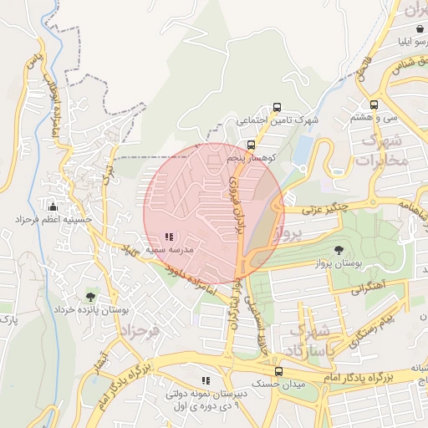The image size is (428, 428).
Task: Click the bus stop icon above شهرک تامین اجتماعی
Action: tap(277, 108)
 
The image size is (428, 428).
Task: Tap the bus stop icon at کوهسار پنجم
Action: tap(251, 145)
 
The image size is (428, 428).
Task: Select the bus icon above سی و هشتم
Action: tap(374, 105)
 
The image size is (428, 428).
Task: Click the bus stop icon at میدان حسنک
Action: tap(278, 372)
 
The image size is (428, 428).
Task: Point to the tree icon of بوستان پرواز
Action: tap(338, 250)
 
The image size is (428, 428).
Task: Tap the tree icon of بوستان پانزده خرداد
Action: tap(90, 296)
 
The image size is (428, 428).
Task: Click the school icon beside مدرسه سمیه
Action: tap(170, 237)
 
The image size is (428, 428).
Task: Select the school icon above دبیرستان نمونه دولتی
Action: tap(206, 381)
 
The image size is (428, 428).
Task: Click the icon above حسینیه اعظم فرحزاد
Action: tap(53, 206)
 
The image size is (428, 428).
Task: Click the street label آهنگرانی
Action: tap(368, 288)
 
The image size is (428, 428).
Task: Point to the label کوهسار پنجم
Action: tap(251, 158)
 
